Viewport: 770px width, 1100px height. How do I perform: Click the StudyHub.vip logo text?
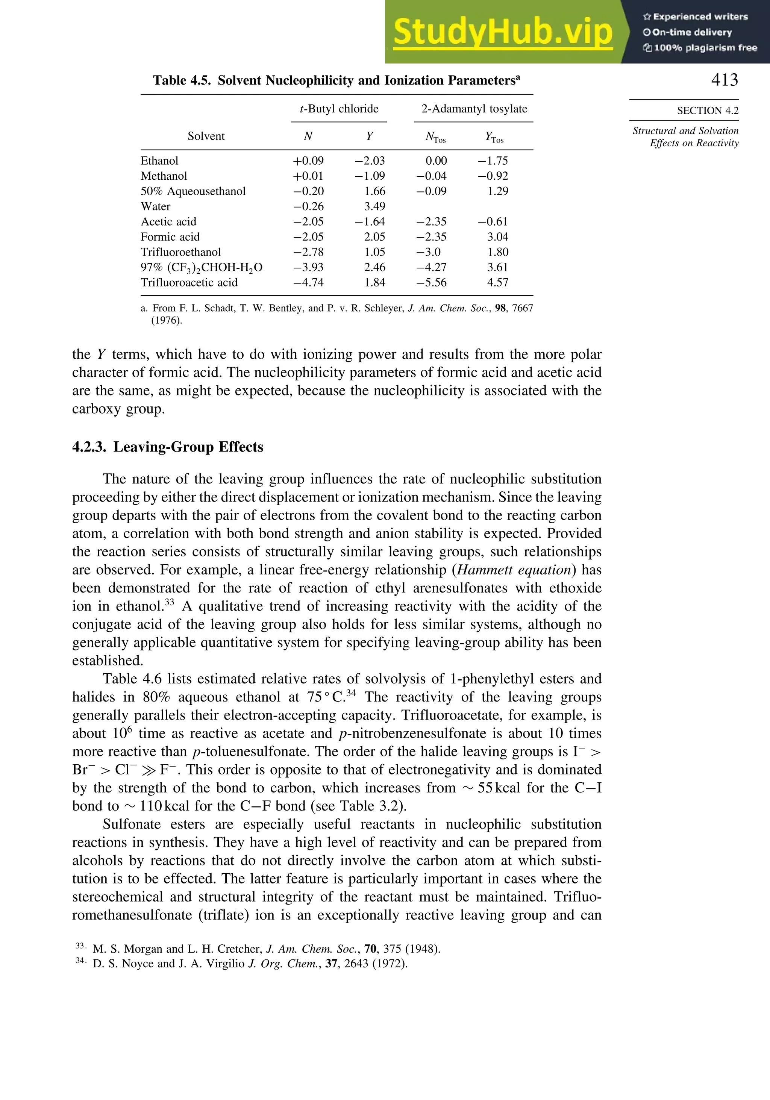(x=502, y=32)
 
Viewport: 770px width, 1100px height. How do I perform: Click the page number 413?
(x=725, y=80)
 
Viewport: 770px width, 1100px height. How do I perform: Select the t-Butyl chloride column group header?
(x=339, y=109)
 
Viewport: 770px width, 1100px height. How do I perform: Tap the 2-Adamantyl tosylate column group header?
(x=474, y=109)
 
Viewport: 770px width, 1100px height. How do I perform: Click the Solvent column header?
(x=206, y=136)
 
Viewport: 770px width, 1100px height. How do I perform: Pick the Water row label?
(x=156, y=206)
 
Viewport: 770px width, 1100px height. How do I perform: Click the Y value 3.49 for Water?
(x=375, y=206)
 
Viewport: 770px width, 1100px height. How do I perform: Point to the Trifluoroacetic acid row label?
(x=189, y=283)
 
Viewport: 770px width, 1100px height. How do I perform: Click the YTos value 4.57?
(x=497, y=283)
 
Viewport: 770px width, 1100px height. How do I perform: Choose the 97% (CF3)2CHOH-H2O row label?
(x=201, y=267)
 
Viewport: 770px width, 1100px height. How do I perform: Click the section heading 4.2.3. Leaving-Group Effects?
(x=168, y=447)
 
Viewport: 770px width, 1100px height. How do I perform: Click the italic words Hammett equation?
(x=515, y=570)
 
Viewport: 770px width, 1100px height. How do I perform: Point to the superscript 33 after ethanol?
(x=170, y=602)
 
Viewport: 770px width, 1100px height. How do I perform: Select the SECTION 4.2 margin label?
(x=707, y=111)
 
